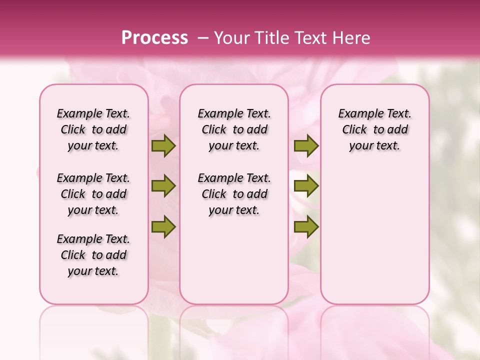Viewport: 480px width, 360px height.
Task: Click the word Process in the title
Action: click(154, 38)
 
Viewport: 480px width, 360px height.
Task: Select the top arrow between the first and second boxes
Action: click(163, 146)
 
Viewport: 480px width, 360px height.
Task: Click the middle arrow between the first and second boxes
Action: click(163, 186)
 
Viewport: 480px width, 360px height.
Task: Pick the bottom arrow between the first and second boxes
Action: click(163, 226)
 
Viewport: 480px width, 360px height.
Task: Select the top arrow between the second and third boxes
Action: click(306, 146)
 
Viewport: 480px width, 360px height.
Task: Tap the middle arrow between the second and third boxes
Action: click(306, 186)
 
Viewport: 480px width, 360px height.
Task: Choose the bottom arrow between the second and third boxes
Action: click(306, 226)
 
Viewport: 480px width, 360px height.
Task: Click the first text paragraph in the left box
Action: click(93, 129)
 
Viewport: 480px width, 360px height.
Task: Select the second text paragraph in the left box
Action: click(93, 194)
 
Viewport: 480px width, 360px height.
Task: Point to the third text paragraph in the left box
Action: click(93, 255)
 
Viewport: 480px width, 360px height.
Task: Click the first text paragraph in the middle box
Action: click(234, 129)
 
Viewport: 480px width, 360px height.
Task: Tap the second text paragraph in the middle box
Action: click(234, 194)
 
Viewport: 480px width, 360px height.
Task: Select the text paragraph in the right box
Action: click(375, 129)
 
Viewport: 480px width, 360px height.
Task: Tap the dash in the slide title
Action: click(203, 38)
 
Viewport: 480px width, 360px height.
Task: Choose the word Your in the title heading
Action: click(232, 38)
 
